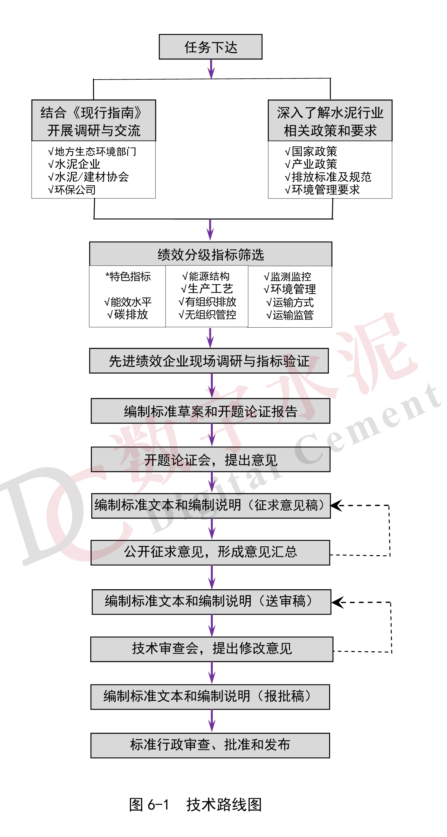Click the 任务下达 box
click(211, 47)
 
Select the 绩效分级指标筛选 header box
click(211, 254)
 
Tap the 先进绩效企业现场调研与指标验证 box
click(209, 361)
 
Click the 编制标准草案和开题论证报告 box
click(211, 411)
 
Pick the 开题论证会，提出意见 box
click(211, 459)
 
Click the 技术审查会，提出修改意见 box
click(212, 649)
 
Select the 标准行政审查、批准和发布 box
click(210, 745)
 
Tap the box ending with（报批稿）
click(210, 697)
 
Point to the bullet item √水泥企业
click(74, 164)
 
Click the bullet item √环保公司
click(71, 190)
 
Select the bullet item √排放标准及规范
click(328, 177)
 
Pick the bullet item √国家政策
click(311, 151)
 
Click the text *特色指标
click(128, 277)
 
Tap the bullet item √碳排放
click(127, 314)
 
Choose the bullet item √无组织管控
click(207, 314)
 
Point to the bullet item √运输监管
click(290, 315)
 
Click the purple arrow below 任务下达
click(211, 69)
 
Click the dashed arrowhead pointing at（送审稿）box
click(338, 602)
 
